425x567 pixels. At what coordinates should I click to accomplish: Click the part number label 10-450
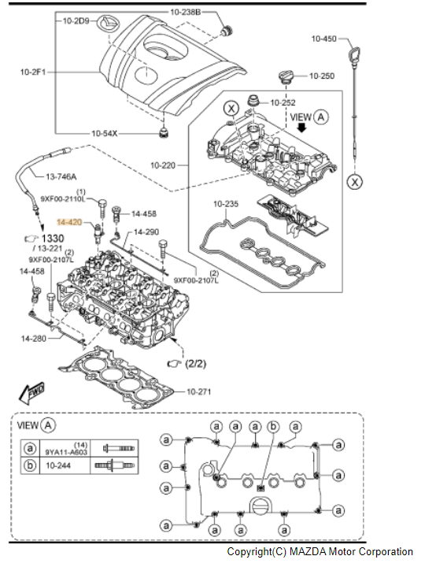323,39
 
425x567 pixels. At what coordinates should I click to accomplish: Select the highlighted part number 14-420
73,224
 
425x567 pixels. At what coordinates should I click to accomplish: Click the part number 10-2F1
34,72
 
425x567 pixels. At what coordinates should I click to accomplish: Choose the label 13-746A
62,177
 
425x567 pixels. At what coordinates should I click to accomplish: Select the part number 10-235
225,204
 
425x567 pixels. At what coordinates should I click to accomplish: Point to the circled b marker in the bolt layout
273,426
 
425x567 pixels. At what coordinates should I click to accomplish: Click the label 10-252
283,102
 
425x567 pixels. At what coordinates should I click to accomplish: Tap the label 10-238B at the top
186,13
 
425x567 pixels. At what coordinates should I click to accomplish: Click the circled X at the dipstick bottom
357,180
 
